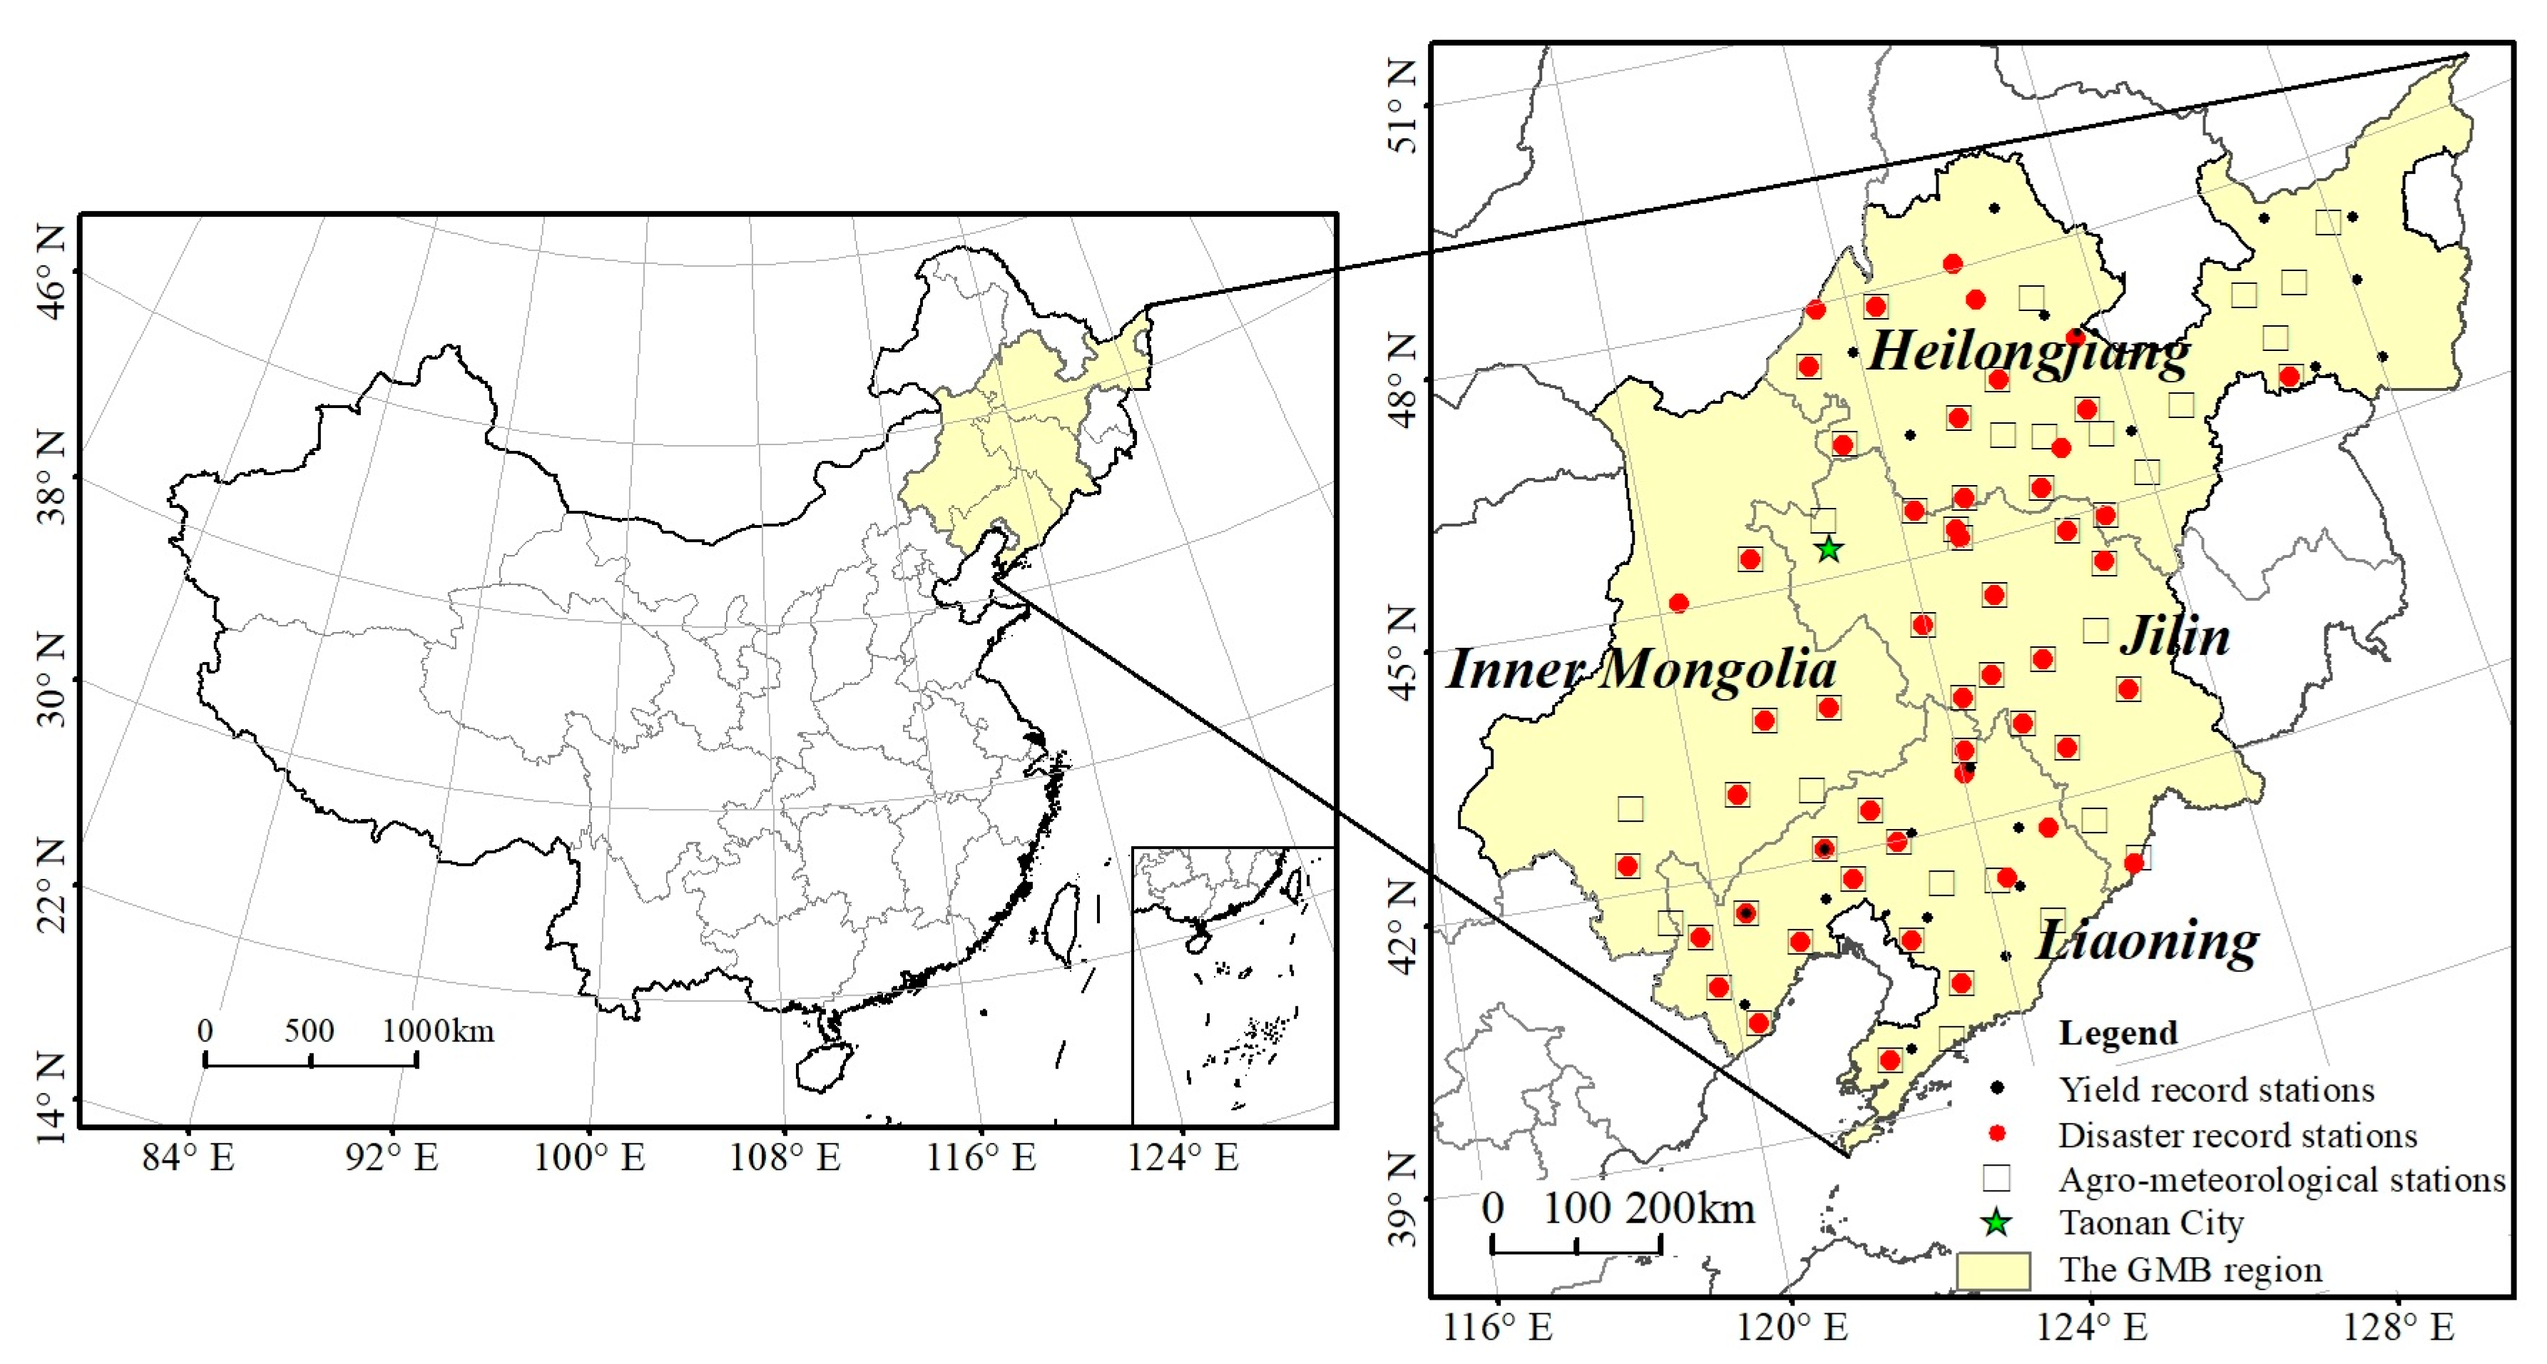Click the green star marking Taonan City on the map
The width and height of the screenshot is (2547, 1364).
1829,549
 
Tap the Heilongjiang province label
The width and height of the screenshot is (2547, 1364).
2027,351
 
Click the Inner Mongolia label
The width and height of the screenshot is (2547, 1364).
1641,670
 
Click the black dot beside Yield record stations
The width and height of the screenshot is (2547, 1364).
1997,1088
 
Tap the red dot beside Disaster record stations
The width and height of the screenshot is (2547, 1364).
1997,1134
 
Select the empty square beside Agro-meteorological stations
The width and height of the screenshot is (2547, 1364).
1997,1178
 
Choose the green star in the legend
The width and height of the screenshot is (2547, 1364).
1997,1223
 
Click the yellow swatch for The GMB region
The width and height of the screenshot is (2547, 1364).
1994,1270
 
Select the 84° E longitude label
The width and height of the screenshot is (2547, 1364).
188,1156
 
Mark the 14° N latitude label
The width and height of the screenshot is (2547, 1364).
51,1098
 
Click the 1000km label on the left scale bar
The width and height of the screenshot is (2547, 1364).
438,1031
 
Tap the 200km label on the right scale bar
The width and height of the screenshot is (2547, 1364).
1690,1208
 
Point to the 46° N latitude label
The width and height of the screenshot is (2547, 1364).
51,271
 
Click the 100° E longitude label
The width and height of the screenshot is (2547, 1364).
589,1156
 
